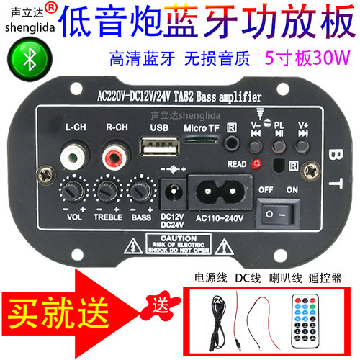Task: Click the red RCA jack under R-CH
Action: coord(113,154)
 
